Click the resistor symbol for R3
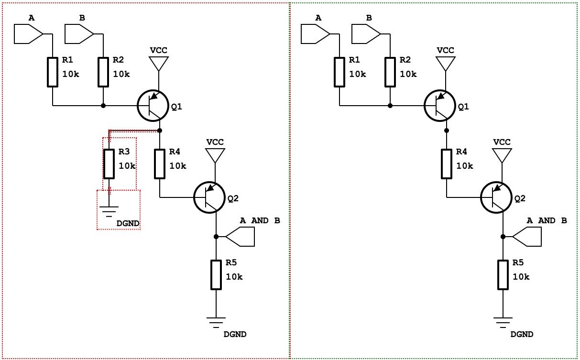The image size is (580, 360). (x=109, y=164)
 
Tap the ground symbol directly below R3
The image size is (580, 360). (x=109, y=209)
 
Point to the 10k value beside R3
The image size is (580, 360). (x=127, y=166)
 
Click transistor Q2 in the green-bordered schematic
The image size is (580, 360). (x=495, y=197)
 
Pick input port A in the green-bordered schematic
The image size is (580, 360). (x=316, y=34)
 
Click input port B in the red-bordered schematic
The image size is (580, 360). (x=79, y=34)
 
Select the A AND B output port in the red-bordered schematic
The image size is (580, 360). (x=241, y=237)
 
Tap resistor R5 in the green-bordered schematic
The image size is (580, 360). (x=503, y=275)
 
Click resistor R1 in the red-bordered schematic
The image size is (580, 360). (x=53, y=72)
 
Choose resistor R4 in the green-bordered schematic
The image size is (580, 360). (x=446, y=164)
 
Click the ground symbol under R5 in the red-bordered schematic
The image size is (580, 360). (x=216, y=322)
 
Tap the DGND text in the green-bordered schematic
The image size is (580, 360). (x=522, y=334)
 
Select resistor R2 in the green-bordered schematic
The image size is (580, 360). (x=390, y=72)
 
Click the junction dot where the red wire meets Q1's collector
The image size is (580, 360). (x=160, y=130)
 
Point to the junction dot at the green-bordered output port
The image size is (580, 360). (x=503, y=237)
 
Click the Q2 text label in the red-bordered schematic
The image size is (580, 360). (x=233, y=198)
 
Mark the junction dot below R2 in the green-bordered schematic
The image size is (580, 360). (x=390, y=106)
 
